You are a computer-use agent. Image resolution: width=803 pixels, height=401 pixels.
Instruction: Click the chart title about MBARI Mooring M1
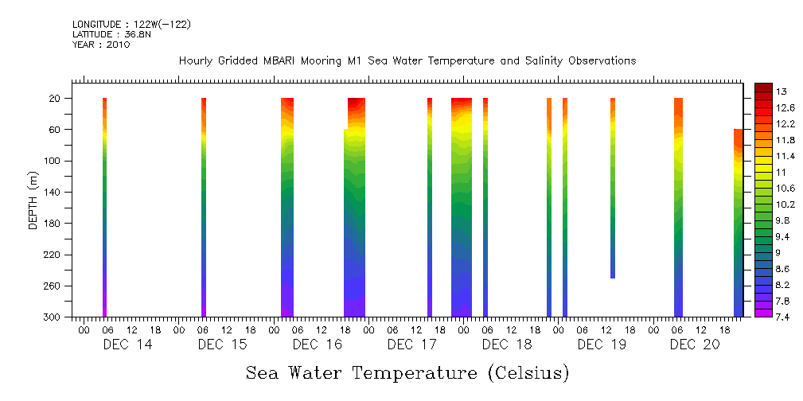pyautogui.click(x=407, y=61)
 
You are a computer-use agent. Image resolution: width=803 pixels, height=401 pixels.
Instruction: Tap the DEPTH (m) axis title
pyautogui.click(x=33, y=199)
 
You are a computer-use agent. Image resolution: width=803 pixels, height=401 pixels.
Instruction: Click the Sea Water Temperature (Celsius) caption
pyautogui.click(x=407, y=372)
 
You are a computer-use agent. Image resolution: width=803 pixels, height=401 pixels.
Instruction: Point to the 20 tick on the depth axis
pyautogui.click(x=56, y=98)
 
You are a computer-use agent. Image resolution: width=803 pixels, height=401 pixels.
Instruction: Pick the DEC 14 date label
pyautogui.click(x=127, y=345)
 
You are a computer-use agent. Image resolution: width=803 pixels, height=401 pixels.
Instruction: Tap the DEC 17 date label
pyautogui.click(x=412, y=345)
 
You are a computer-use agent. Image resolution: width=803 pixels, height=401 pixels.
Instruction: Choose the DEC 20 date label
pyautogui.click(x=694, y=345)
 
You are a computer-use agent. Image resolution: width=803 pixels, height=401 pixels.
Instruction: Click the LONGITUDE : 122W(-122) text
pyautogui.click(x=131, y=25)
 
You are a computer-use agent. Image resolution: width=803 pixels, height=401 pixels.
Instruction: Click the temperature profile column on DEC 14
pyautogui.click(x=104, y=207)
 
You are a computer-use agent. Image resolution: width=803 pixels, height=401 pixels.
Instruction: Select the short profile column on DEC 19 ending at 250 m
pyautogui.click(x=613, y=188)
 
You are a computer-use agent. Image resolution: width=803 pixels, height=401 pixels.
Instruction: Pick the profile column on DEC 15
pyautogui.click(x=204, y=207)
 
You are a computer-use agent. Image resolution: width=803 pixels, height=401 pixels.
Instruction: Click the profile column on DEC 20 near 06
pyautogui.click(x=678, y=207)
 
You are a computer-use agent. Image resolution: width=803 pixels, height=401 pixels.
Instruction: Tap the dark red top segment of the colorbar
pyautogui.click(x=762, y=87)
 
